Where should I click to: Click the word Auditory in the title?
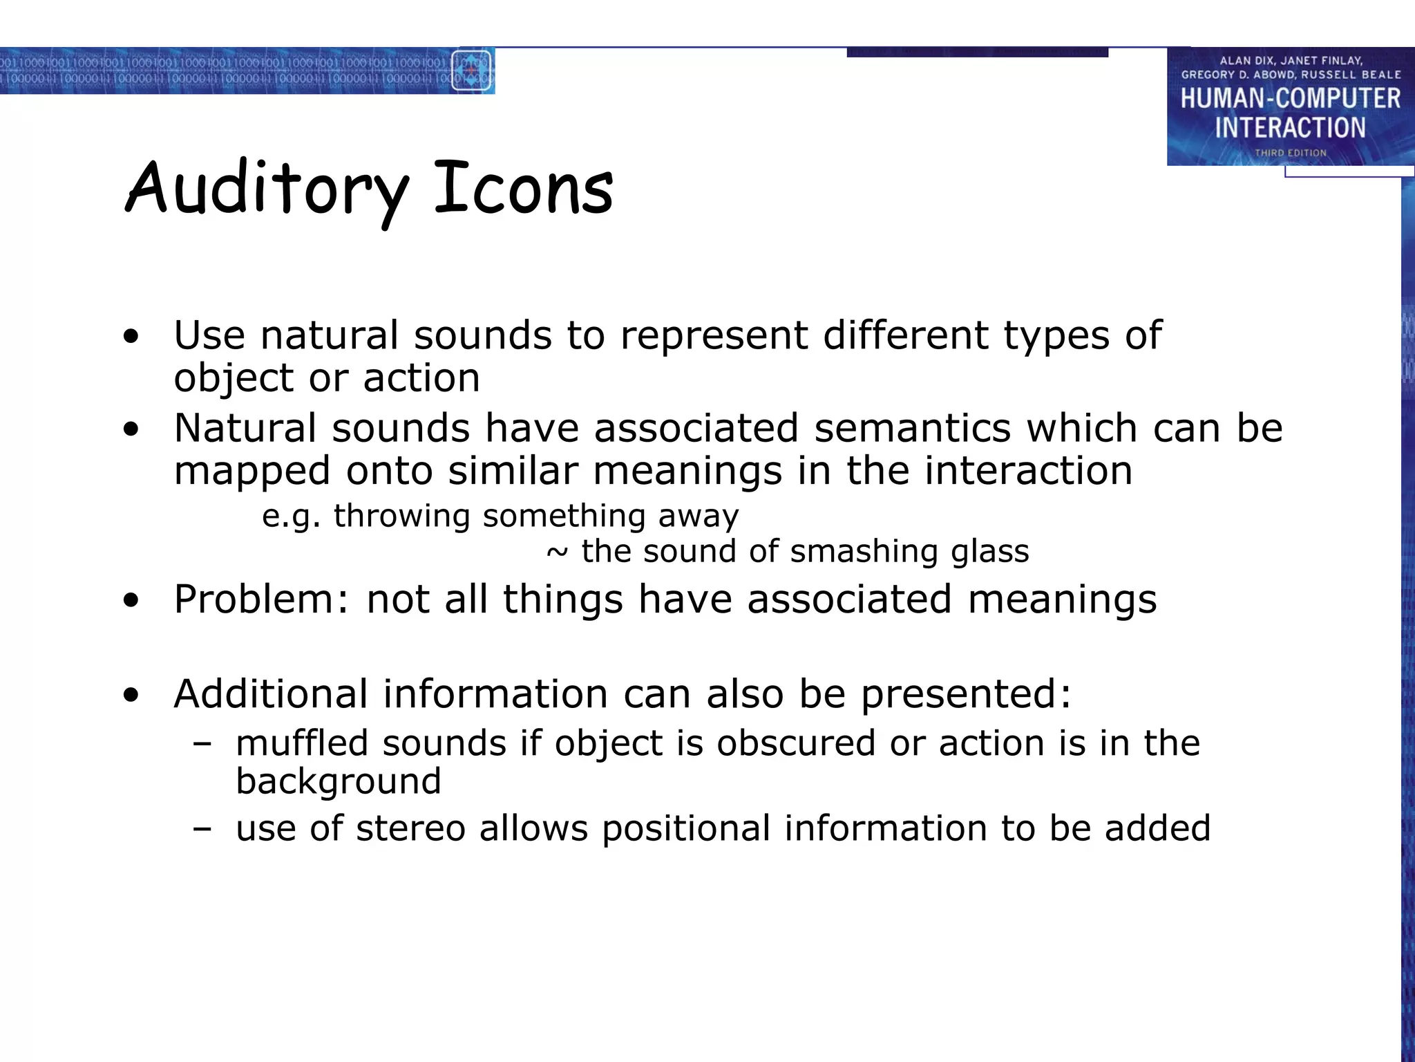tap(266, 188)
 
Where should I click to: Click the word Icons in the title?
tap(523, 188)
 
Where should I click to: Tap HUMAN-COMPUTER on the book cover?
tap(1290, 98)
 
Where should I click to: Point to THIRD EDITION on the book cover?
tap(1290, 153)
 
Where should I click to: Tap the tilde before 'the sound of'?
tap(557, 552)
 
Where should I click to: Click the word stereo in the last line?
tap(410, 828)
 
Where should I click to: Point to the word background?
tap(338, 782)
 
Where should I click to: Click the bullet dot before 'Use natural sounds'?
tap(131, 337)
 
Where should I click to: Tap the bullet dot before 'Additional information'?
tap(131, 696)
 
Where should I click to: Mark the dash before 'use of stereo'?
tap(202, 828)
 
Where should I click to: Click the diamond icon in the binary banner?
tap(471, 71)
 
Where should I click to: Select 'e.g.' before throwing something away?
tap(292, 516)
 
